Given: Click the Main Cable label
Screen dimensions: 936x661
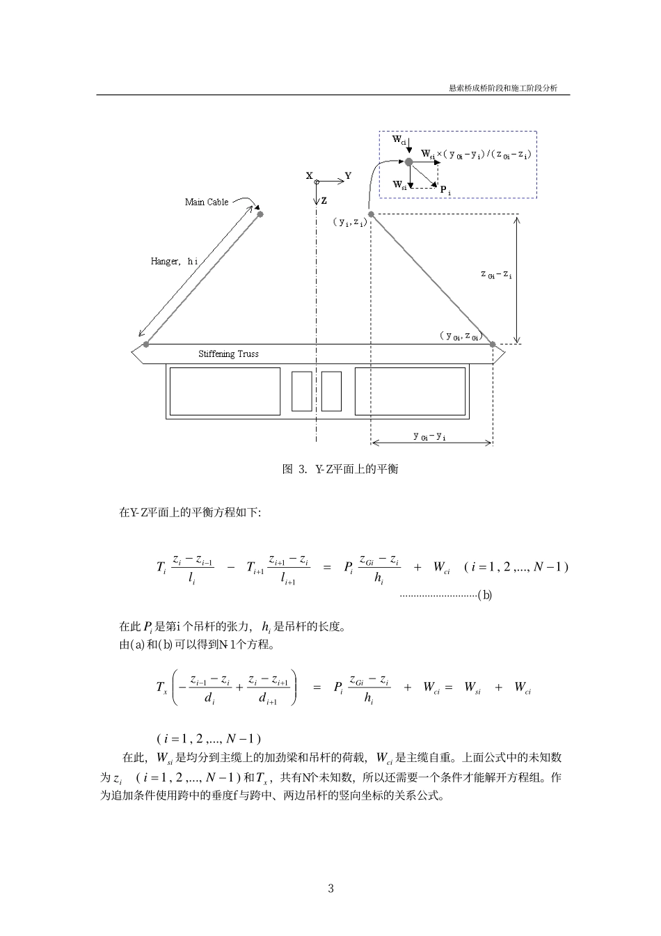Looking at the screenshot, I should pos(206,203).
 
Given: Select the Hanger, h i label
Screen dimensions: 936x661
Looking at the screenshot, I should pos(174,262).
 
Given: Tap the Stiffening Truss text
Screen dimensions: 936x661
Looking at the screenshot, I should pos(228,354).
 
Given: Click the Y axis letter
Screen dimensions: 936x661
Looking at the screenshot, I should pos(348,176).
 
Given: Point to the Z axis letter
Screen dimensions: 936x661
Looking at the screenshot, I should pos(324,201).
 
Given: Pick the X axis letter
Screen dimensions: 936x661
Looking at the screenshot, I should pos(309,176).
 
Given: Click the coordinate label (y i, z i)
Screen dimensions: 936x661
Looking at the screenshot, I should pos(349,222).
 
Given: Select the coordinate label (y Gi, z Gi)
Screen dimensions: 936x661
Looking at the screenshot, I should pos(460,336).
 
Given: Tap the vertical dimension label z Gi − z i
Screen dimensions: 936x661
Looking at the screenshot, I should pos(496,275).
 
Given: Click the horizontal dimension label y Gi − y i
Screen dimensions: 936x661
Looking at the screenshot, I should pos(429,436).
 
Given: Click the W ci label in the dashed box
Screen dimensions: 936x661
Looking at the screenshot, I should pos(399,140).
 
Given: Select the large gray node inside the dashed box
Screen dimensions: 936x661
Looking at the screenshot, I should pos(409,161).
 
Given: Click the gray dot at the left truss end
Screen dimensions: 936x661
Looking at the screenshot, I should pos(146,344).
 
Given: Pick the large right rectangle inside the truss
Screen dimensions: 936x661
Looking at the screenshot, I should pos(410,391).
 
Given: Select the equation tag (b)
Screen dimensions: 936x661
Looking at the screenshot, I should pos(484,595).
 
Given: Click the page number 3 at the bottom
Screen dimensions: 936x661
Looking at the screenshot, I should pos(330,889).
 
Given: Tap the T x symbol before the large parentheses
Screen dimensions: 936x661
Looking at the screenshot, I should pos(161,688).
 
